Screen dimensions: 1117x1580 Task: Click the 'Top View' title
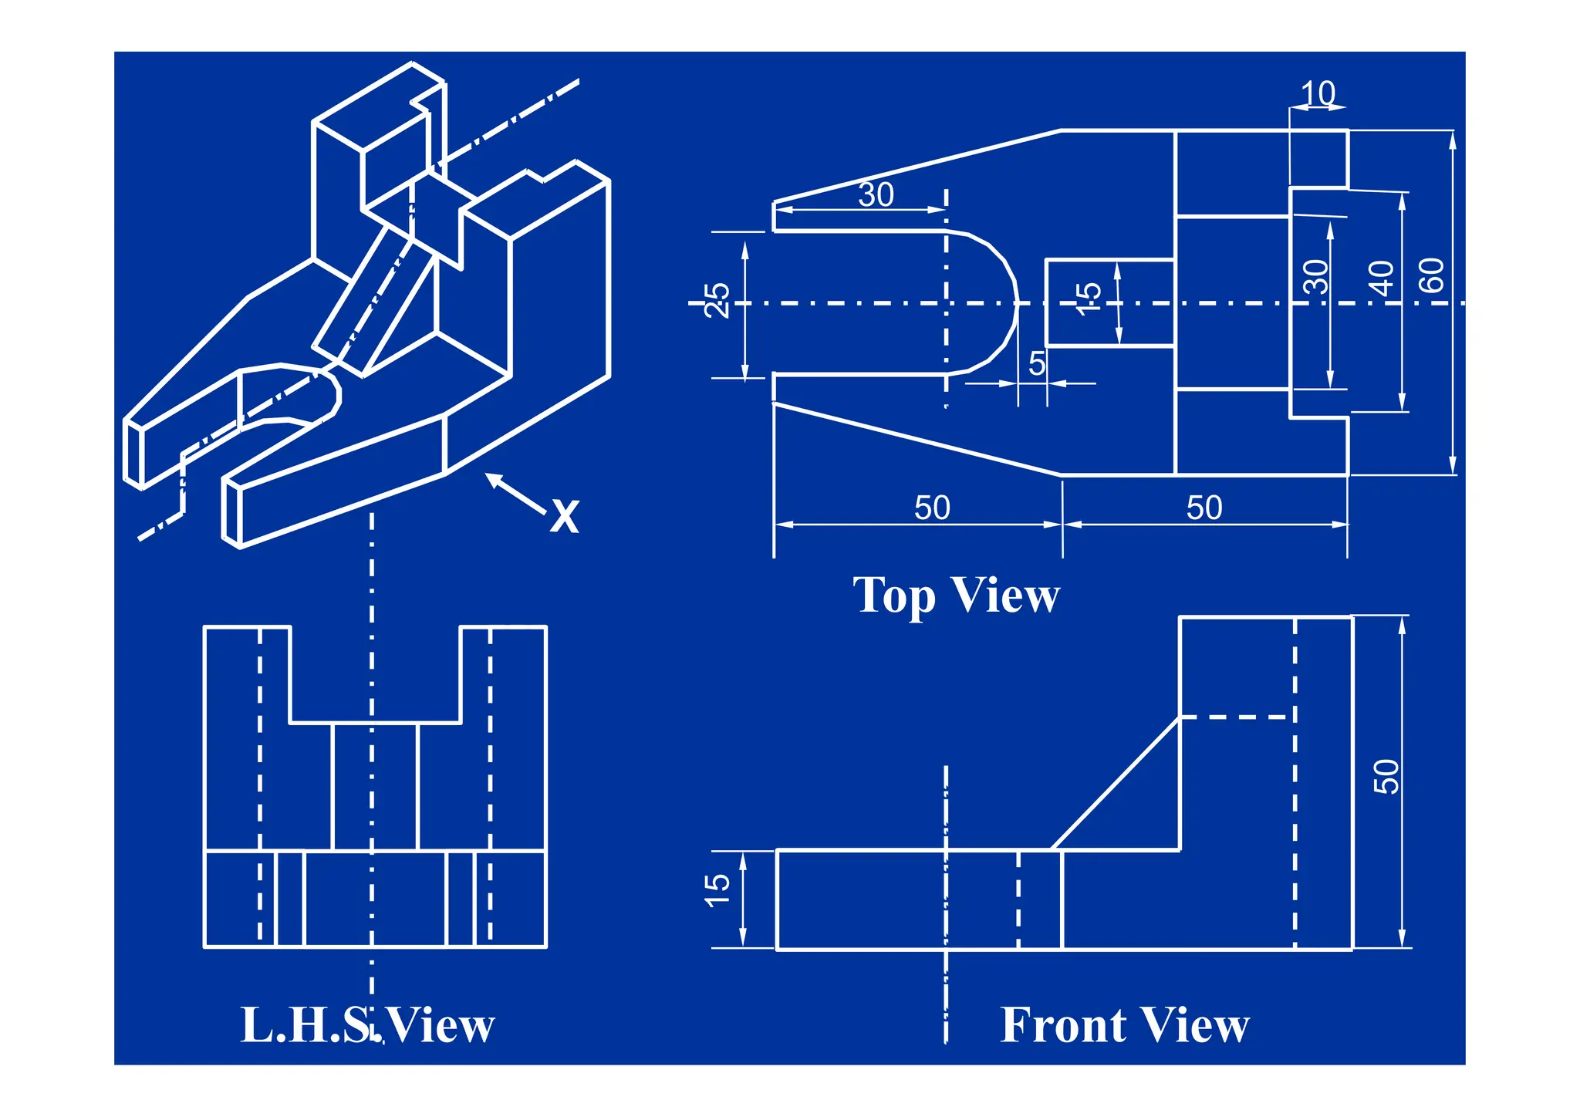coord(956,596)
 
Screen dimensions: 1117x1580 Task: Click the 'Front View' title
coord(1124,1025)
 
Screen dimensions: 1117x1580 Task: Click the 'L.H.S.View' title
coord(367,1025)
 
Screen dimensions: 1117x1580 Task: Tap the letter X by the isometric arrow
coord(565,517)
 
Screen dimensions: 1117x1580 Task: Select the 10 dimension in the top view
coord(1318,94)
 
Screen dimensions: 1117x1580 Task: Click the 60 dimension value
coord(1432,275)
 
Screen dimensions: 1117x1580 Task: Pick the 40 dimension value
coord(1381,278)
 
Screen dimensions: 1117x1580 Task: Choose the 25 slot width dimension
coord(717,300)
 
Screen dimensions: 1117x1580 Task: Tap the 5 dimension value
coord(1037,363)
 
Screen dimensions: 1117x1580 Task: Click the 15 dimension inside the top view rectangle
coord(1088,299)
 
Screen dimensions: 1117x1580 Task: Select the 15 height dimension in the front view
coord(717,890)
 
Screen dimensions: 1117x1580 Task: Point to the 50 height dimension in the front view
coord(1386,776)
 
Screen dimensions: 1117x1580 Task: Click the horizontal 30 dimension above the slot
coord(876,195)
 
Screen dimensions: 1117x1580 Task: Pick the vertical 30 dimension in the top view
coord(1316,277)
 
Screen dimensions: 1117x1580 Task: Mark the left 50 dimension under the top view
coord(932,508)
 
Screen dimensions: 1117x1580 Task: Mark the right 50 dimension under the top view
coord(1204,508)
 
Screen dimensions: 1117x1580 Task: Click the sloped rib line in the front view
coord(1116,784)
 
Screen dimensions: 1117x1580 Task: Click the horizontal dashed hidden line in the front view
coord(1237,717)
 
